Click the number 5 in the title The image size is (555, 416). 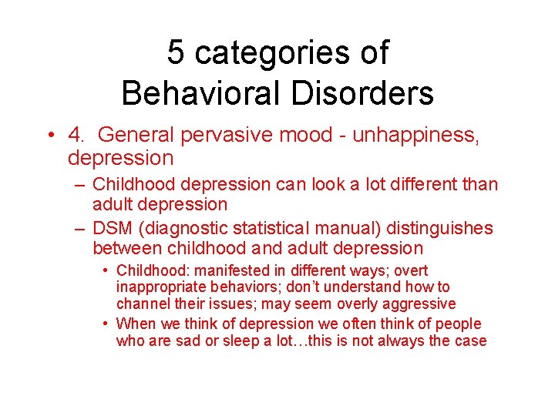(x=177, y=53)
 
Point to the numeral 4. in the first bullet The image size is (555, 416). (x=76, y=136)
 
